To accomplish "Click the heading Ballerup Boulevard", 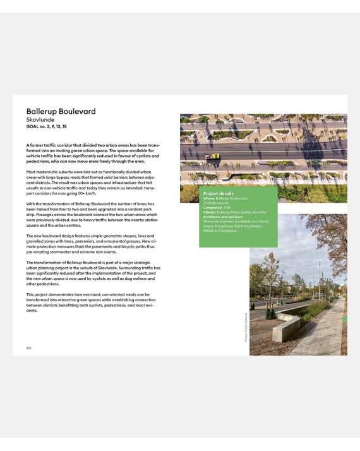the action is [x=61, y=112].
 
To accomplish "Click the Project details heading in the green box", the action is [x=218, y=193].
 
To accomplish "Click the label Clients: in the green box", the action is [x=210, y=212].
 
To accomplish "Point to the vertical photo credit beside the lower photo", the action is [x=246, y=328].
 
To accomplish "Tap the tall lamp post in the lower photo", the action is [x=319, y=278].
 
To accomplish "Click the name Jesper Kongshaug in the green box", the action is [x=221, y=226].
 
